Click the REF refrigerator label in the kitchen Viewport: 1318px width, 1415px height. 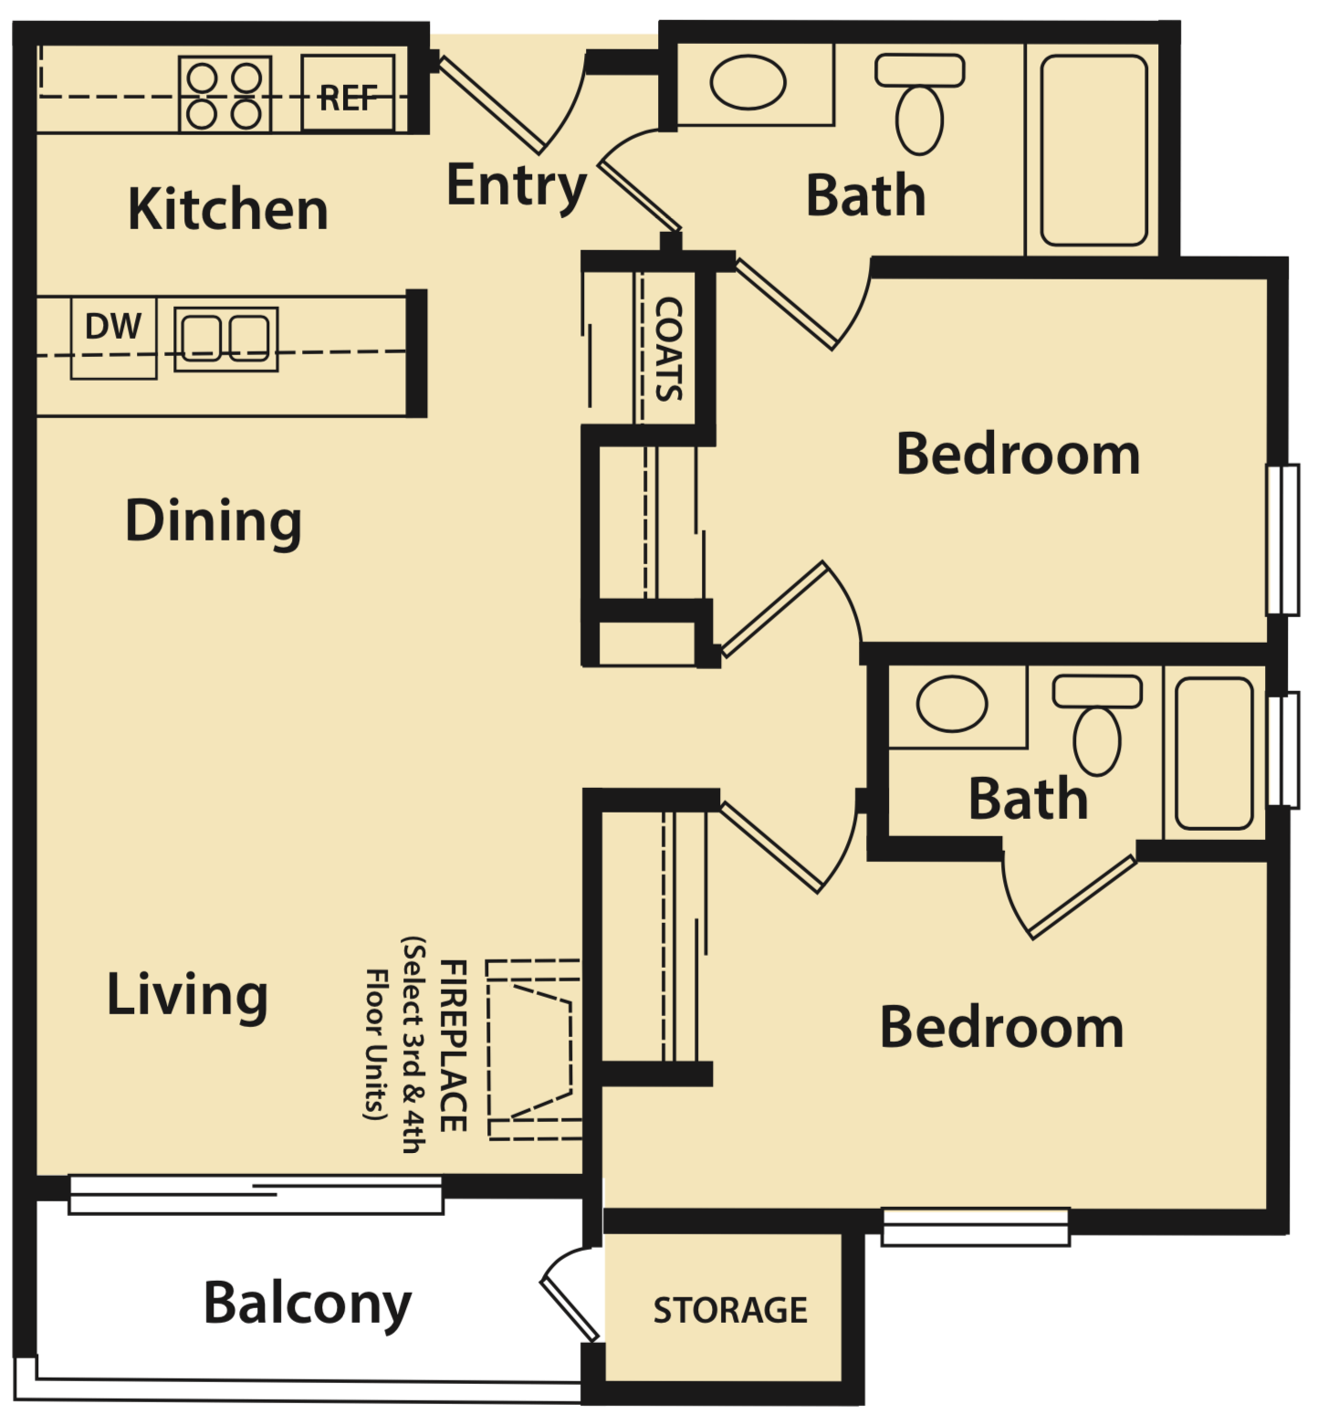pos(348,97)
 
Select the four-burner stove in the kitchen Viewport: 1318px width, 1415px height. pos(225,93)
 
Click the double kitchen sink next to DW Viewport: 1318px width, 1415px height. pos(225,338)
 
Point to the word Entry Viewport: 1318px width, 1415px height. pos(516,186)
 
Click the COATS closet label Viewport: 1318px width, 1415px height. pos(668,349)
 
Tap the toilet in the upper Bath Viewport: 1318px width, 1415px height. pos(919,105)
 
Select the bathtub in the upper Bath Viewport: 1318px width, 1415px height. pos(1093,151)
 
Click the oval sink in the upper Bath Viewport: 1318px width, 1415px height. pos(748,83)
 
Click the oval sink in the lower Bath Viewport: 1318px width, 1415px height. pos(951,704)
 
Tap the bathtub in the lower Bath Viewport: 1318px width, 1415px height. pos(1213,753)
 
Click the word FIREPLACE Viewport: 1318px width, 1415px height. pos(454,1045)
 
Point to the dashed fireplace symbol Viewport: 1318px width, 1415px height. pos(534,1050)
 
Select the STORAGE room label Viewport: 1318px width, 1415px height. pos(729,1310)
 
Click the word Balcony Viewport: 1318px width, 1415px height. pos(308,1303)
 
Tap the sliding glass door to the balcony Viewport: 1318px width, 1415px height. pos(256,1195)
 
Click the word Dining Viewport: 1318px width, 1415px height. pos(213,522)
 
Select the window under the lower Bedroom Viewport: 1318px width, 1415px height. pos(975,1226)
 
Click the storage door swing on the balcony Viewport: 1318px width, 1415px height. pos(568,1294)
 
